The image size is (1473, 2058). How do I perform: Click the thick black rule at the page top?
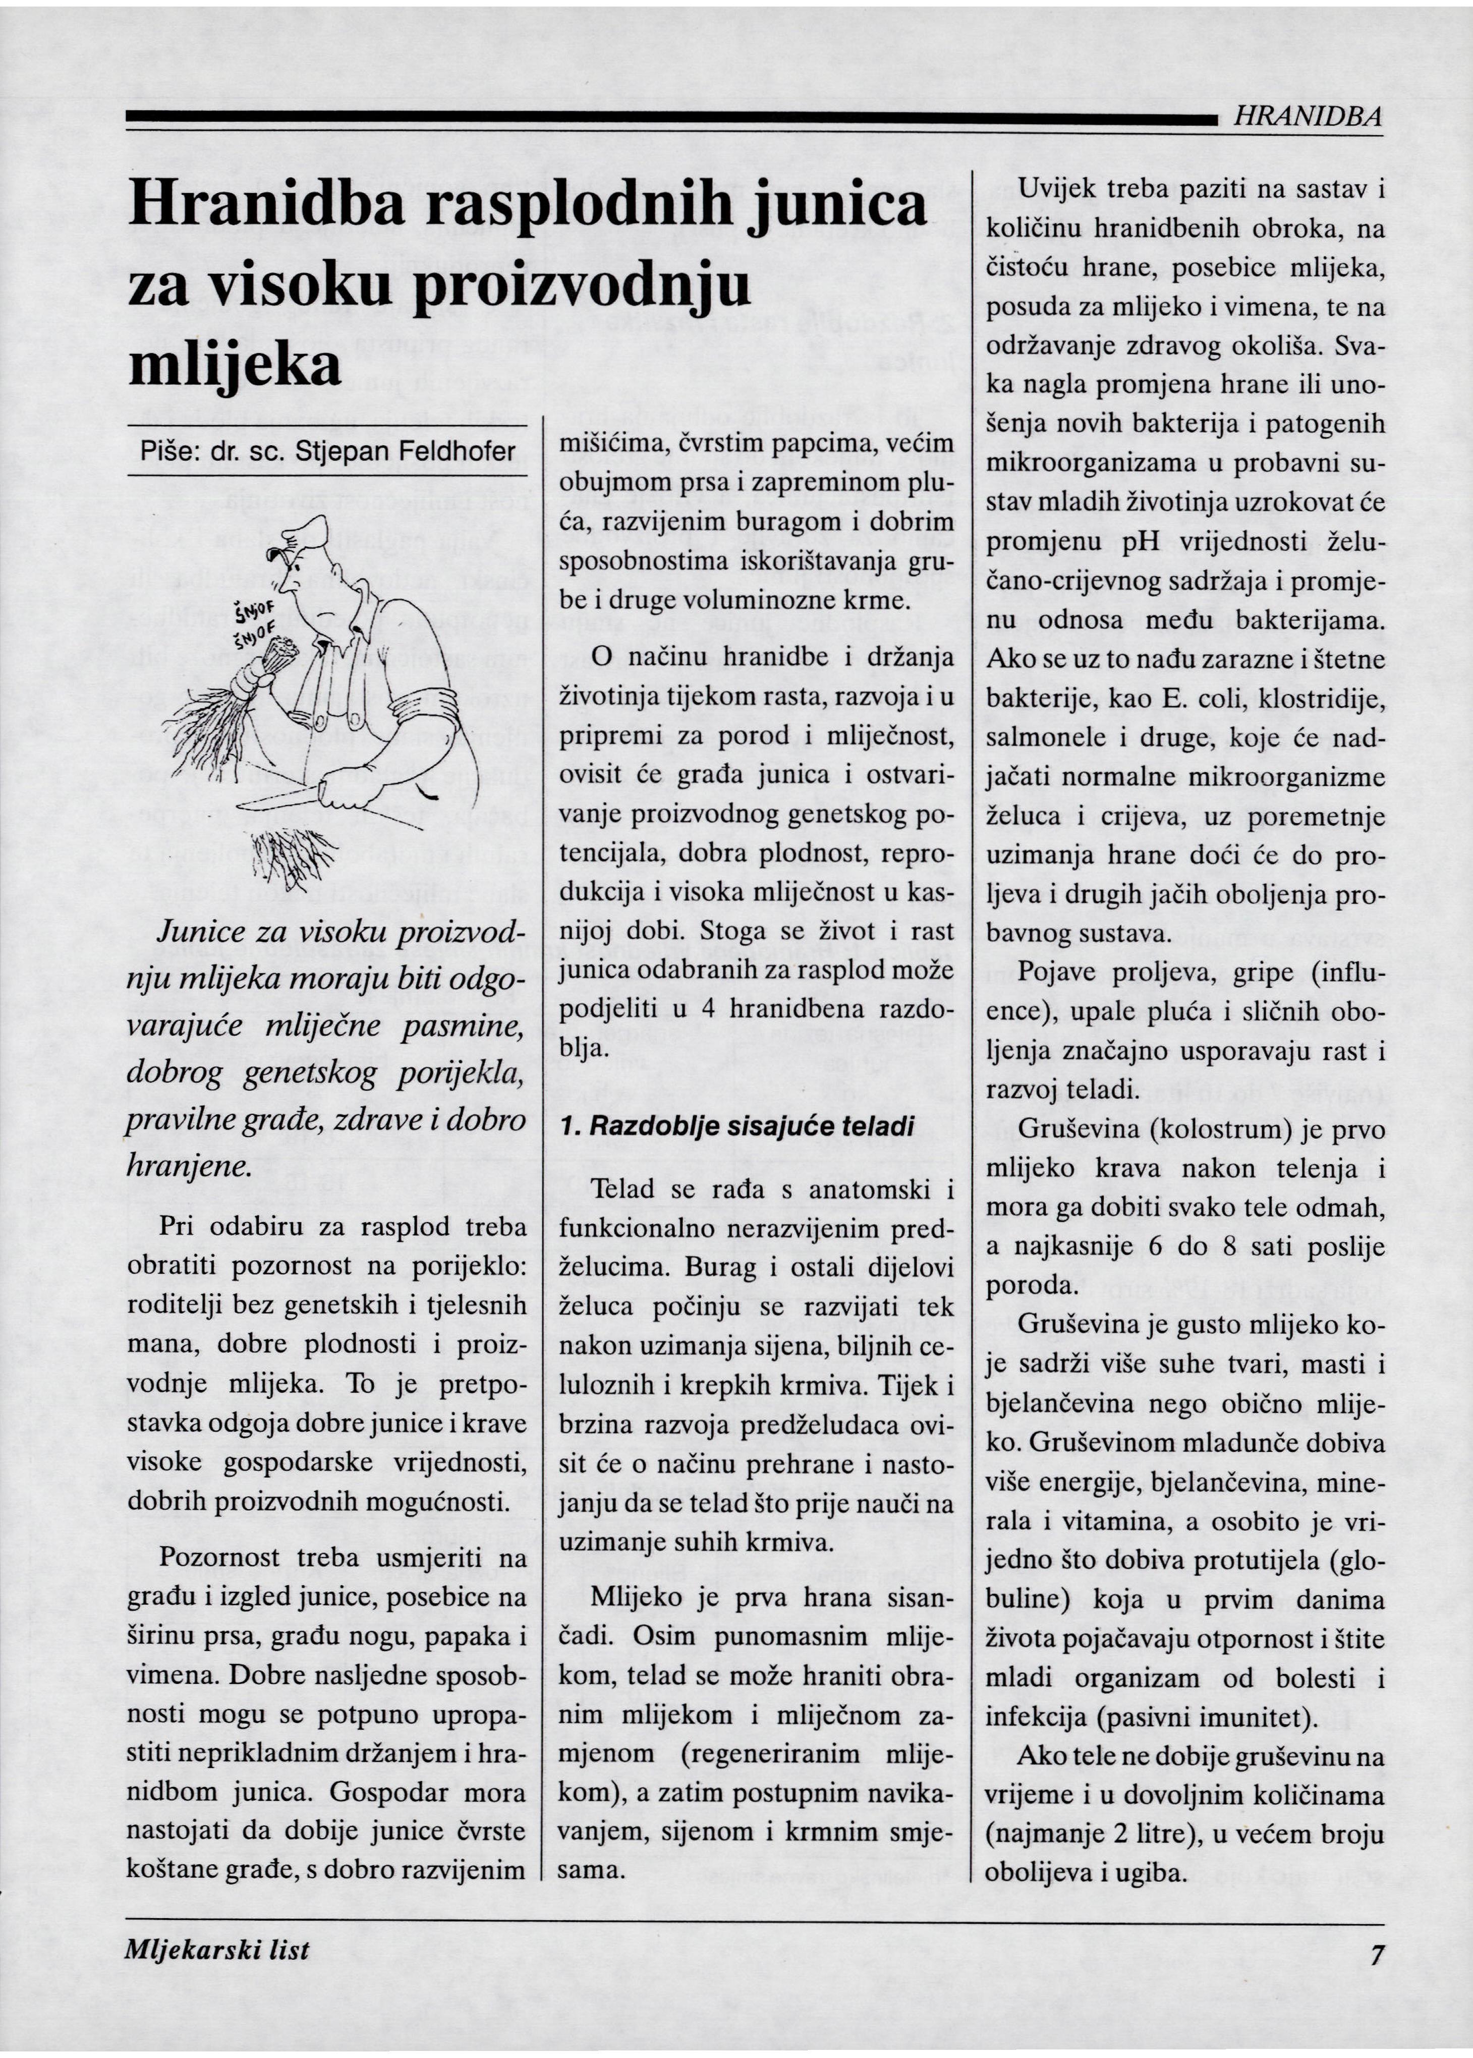click(x=671, y=117)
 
